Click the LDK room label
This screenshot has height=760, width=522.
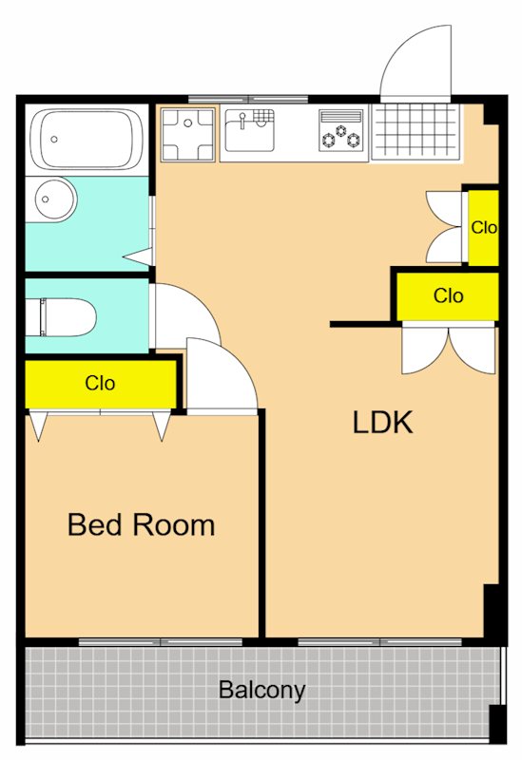click(x=382, y=422)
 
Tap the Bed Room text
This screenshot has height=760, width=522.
click(x=141, y=524)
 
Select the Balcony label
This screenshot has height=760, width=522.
click(x=262, y=690)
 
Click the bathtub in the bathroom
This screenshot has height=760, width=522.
click(x=87, y=140)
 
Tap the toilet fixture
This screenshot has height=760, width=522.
click(x=62, y=317)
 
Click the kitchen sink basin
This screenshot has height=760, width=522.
click(x=249, y=131)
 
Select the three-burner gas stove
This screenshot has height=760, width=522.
click(x=341, y=129)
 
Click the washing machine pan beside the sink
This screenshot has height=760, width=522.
click(x=187, y=135)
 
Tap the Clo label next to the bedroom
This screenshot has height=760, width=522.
click(x=100, y=384)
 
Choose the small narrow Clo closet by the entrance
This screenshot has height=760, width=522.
click(x=483, y=228)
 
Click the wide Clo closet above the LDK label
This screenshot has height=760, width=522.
click(x=447, y=296)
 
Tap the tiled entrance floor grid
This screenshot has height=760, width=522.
click(x=416, y=131)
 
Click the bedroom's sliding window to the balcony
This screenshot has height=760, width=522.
click(x=161, y=642)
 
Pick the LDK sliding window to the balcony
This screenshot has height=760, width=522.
click(x=380, y=642)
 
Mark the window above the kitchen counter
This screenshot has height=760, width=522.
click(x=248, y=100)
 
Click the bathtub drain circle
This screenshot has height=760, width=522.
click(x=54, y=139)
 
